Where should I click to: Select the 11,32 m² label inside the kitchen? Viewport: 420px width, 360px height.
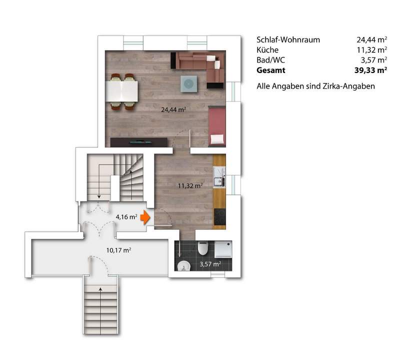190,185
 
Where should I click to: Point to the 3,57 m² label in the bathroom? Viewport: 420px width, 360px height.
210,264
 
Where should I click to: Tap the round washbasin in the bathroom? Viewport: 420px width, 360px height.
184,265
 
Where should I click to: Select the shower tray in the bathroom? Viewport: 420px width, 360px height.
223,249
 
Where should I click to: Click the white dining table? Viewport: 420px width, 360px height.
122,91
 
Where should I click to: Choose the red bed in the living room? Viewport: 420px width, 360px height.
217,127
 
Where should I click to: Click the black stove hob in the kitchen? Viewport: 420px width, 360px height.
220,216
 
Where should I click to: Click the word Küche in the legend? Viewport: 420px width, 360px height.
267,50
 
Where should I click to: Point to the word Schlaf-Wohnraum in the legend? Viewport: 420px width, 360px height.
288,40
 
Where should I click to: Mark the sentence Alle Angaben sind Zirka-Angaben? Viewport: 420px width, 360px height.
315,86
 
